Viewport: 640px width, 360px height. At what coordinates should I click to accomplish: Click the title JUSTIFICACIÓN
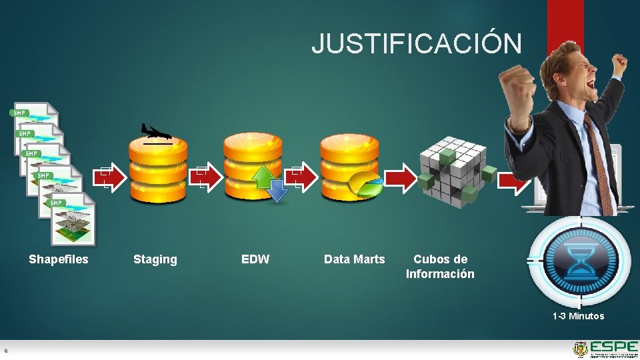pos(417,43)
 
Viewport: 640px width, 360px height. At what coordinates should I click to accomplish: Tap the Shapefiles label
pos(59,259)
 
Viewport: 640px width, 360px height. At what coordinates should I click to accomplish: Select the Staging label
pos(155,259)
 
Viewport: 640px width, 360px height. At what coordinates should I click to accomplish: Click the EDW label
pos(255,259)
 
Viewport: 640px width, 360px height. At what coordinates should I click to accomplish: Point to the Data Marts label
pos(354,259)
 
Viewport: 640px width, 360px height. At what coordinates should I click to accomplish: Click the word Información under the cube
pos(440,274)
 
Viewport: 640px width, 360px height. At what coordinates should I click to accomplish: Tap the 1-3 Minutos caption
pos(578,316)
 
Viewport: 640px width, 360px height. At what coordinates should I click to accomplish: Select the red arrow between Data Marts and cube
pos(401,178)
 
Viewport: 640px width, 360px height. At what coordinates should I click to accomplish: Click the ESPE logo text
pos(613,347)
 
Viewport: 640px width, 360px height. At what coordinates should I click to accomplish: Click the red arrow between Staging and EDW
pos(209,178)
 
